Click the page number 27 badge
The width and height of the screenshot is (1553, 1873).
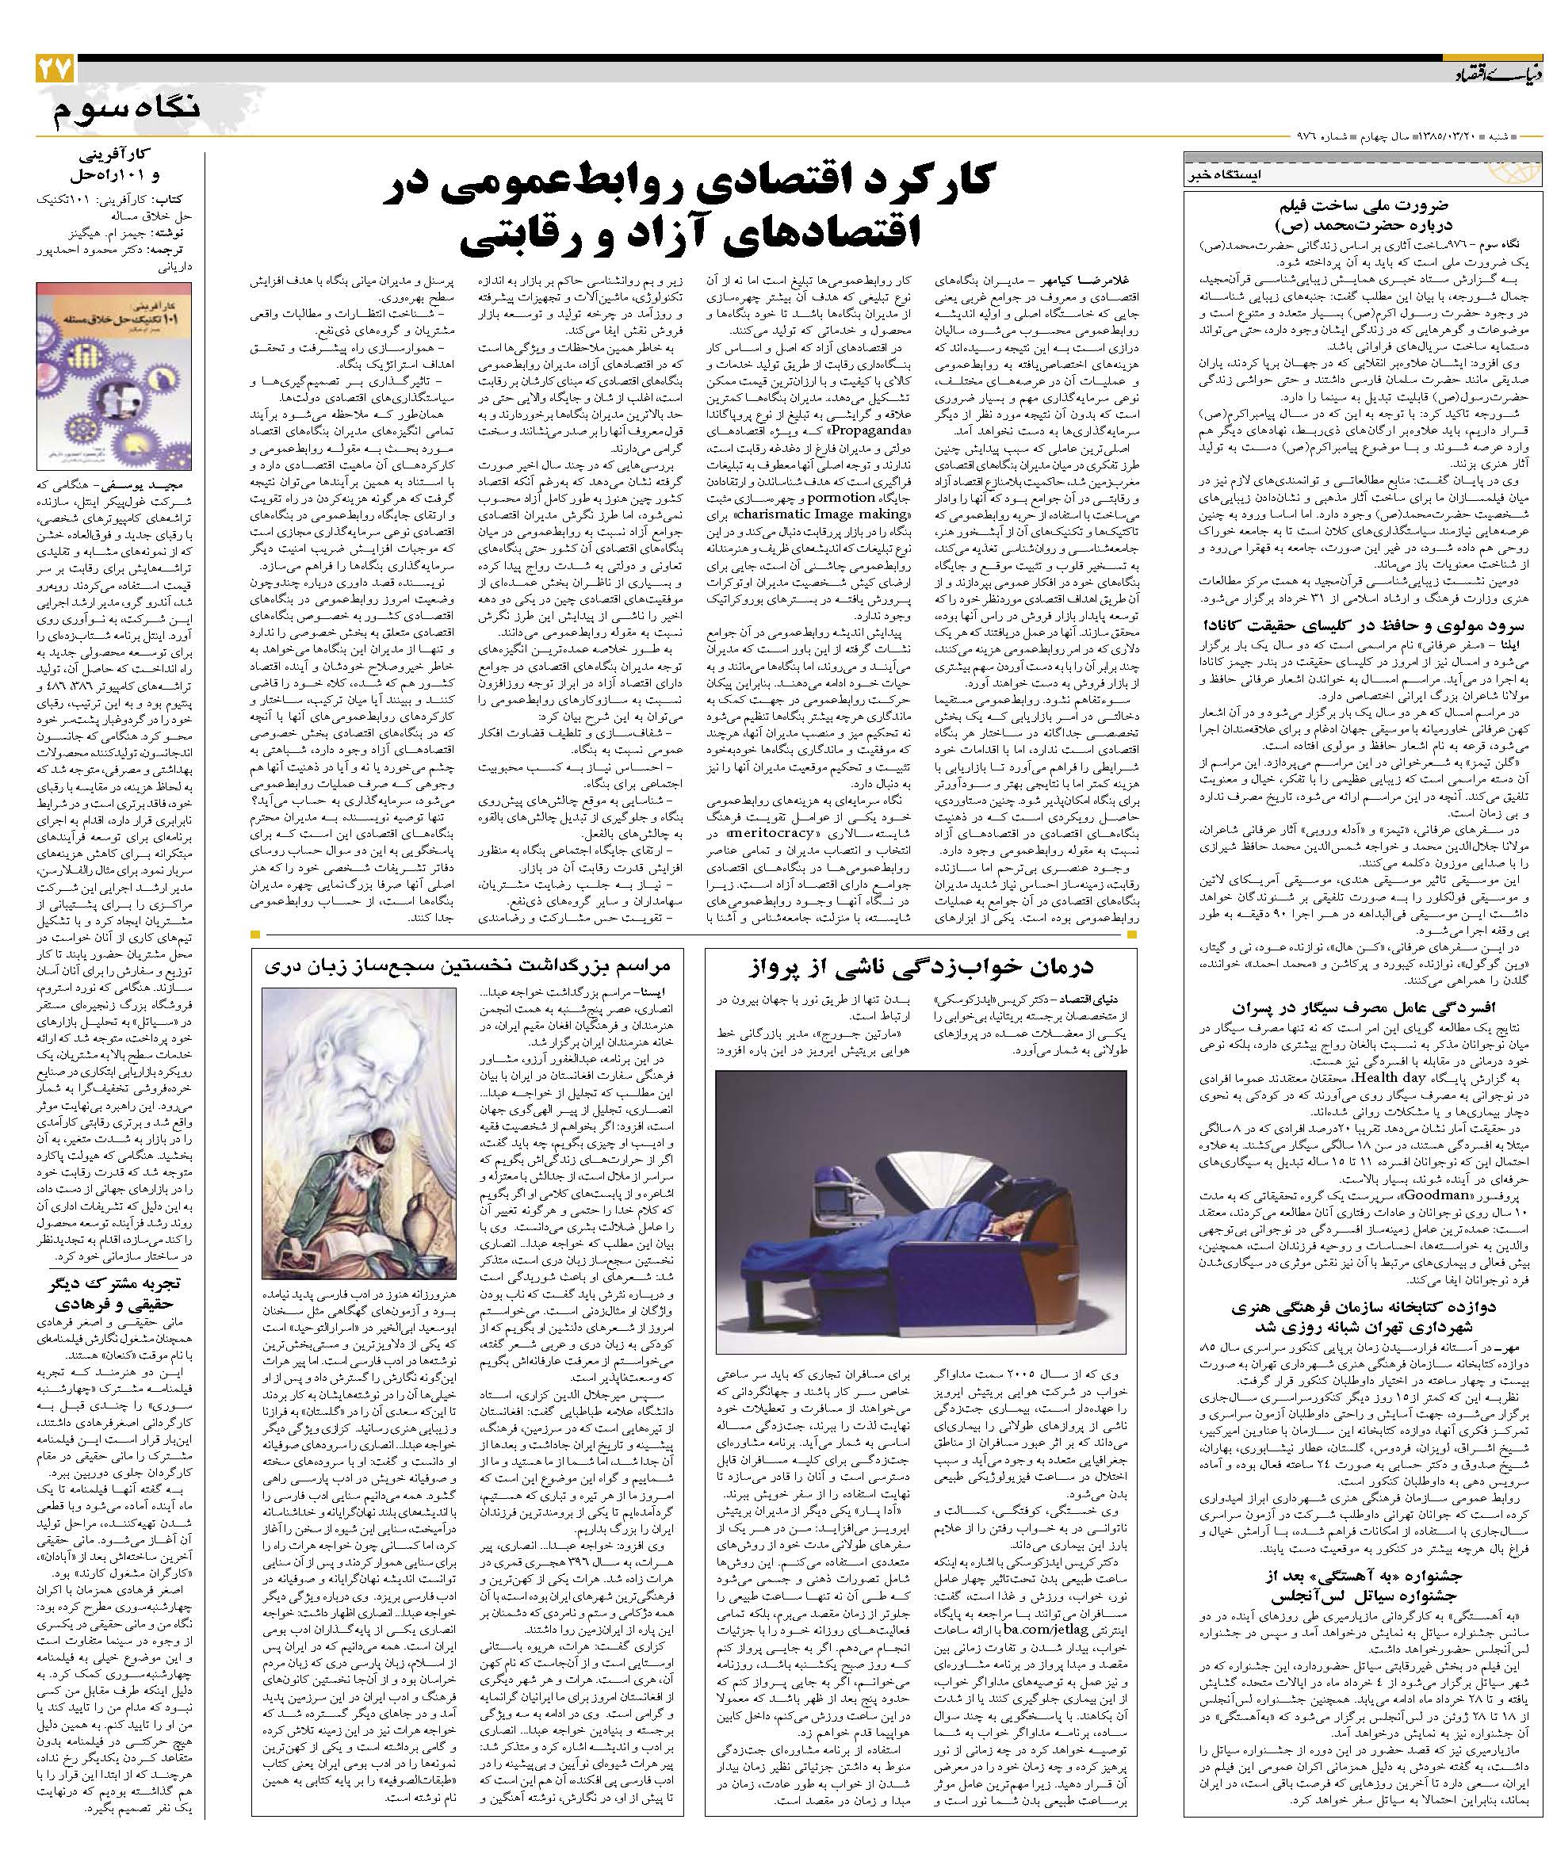(55, 69)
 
